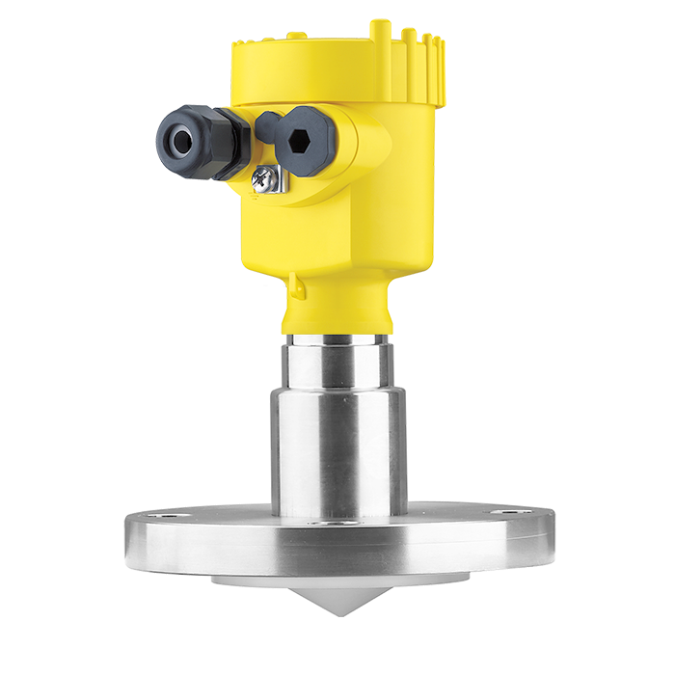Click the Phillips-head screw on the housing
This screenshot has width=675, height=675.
tap(262, 177)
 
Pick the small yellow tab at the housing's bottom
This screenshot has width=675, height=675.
tap(278, 285)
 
